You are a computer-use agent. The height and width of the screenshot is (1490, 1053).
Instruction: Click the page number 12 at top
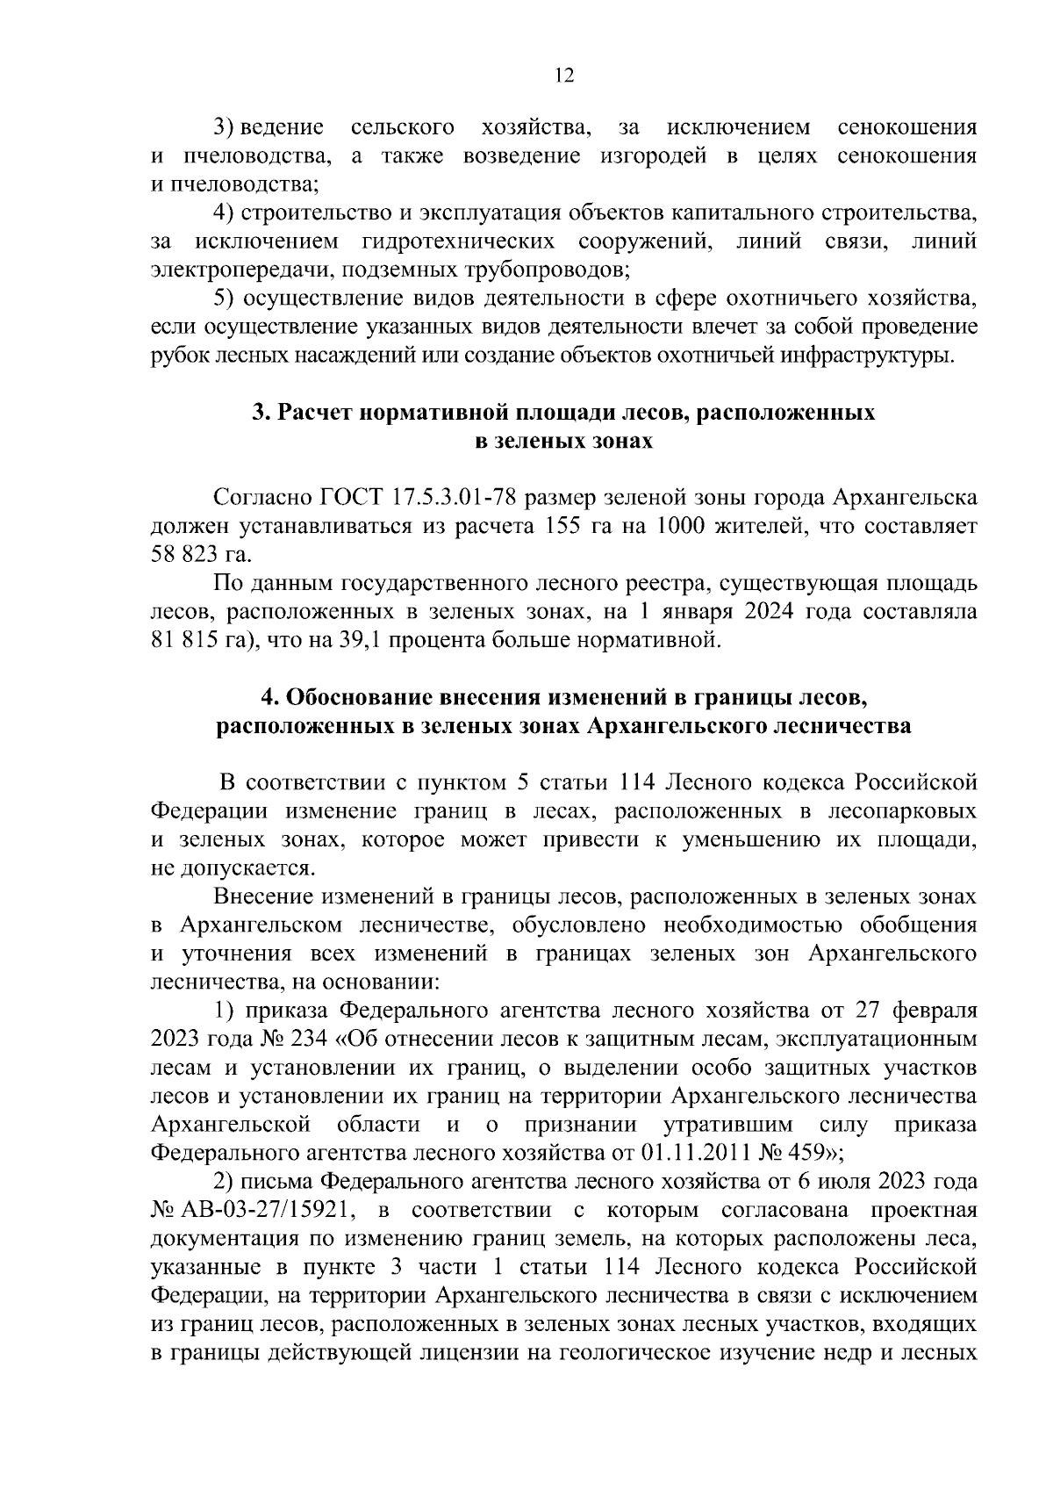564,76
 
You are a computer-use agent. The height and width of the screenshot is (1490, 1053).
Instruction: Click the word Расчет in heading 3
316,413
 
